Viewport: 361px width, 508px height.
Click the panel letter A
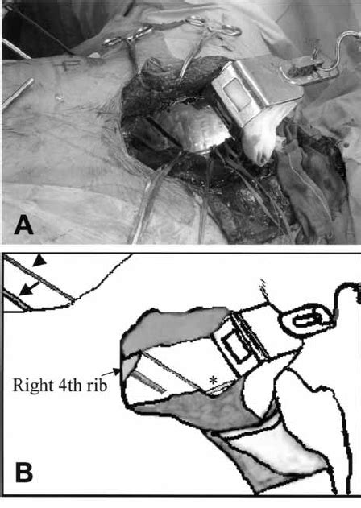pos(24,225)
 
